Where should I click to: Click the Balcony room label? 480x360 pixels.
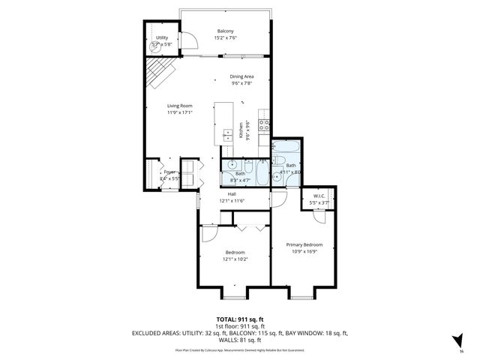coord(226,31)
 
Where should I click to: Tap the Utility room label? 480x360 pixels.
coord(162,37)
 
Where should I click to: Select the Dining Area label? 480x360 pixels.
coord(241,76)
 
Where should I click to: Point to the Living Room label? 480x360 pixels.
coord(180,106)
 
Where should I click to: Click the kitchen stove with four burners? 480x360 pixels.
coord(264,124)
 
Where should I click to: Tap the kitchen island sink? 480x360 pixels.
coord(226,135)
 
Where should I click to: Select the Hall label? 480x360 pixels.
coord(233,193)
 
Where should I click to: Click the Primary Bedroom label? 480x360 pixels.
coord(307,244)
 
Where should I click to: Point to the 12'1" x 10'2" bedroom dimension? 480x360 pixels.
coord(235,260)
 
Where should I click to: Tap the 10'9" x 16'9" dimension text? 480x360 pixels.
coord(307,251)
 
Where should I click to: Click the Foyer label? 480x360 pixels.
coord(169,172)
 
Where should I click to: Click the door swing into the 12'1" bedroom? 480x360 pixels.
coord(210,235)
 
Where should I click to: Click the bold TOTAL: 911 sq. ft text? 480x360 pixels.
coord(240,319)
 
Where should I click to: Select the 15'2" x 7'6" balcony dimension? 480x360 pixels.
coord(226,38)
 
